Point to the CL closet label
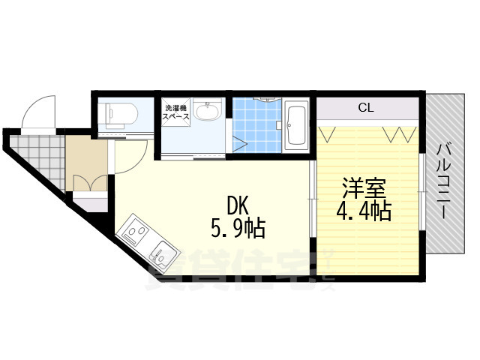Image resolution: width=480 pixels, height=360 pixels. click(x=365, y=108)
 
